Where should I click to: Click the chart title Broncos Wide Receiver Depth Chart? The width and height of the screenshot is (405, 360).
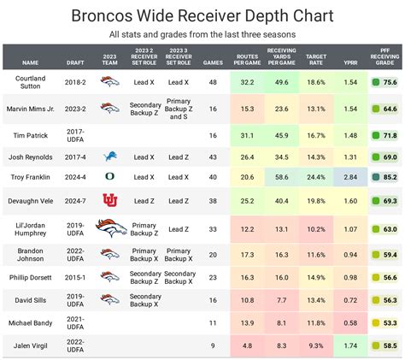(202, 15)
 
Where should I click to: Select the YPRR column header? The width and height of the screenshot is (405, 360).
(350, 62)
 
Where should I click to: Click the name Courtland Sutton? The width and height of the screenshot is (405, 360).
(32, 82)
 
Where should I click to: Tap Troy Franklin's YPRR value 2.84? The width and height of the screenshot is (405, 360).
(350, 176)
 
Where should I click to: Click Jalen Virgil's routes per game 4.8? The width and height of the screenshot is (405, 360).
(247, 345)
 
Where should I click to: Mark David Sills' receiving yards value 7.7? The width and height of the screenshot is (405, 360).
(280, 300)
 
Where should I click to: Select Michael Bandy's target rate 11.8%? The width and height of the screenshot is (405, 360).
(315, 323)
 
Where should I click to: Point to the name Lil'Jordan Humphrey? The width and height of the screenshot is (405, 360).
(32, 228)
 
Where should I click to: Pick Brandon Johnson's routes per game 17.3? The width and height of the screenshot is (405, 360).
(247, 255)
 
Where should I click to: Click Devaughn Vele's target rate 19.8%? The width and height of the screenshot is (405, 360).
(315, 200)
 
